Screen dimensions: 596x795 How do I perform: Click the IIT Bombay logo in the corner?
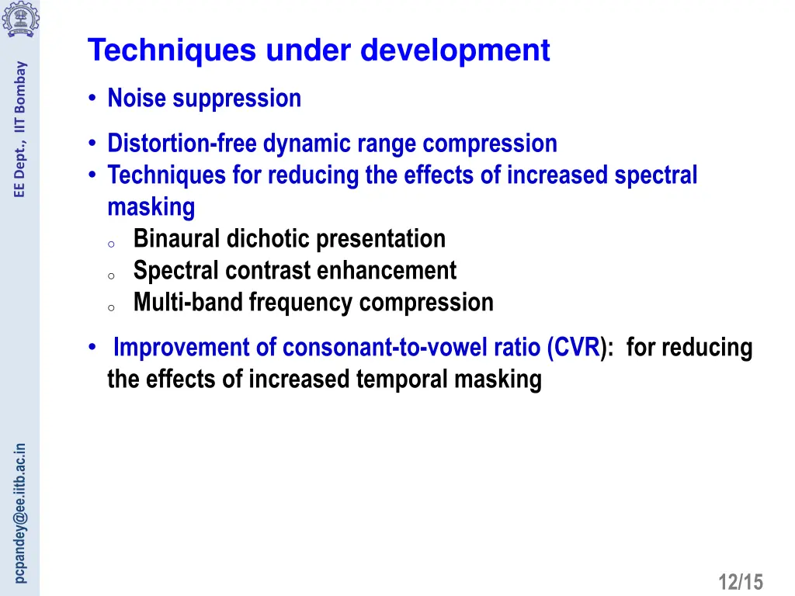tap(19, 19)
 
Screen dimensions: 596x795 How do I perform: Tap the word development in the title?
tap(455, 51)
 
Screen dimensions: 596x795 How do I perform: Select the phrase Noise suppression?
tap(204, 99)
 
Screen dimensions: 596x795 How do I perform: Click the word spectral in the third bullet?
tap(656, 175)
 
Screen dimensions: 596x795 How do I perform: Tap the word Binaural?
tap(177, 239)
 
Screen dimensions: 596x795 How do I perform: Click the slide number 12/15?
tap(741, 581)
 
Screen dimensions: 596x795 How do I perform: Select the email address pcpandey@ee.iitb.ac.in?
tap(21, 512)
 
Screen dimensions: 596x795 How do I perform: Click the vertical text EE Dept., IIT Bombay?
tap(21, 129)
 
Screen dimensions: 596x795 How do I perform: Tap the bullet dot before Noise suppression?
tap(92, 99)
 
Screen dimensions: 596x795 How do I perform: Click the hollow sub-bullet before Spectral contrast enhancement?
tap(111, 275)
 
